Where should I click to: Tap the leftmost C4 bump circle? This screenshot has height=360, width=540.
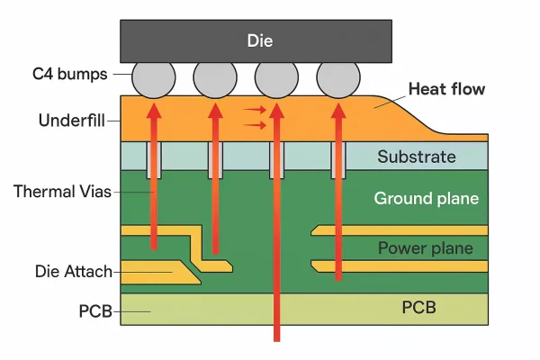[154, 80]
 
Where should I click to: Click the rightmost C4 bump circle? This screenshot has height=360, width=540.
[338, 80]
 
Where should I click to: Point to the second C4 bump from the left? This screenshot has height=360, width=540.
[215, 80]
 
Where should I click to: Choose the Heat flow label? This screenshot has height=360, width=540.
[446, 89]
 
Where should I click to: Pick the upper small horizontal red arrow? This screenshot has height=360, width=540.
[256, 109]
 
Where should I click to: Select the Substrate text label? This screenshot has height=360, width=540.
[416, 157]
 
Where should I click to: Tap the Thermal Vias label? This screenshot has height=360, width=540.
[58, 192]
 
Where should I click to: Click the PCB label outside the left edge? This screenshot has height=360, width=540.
[95, 311]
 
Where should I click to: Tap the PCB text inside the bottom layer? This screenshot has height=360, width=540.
[418, 308]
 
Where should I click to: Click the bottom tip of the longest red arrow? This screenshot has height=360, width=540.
[276, 340]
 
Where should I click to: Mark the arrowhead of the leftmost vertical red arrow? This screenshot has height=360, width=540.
[154, 109]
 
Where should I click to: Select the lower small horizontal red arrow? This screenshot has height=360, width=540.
[256, 125]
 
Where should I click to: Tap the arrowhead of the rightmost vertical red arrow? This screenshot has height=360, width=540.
[338, 109]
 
